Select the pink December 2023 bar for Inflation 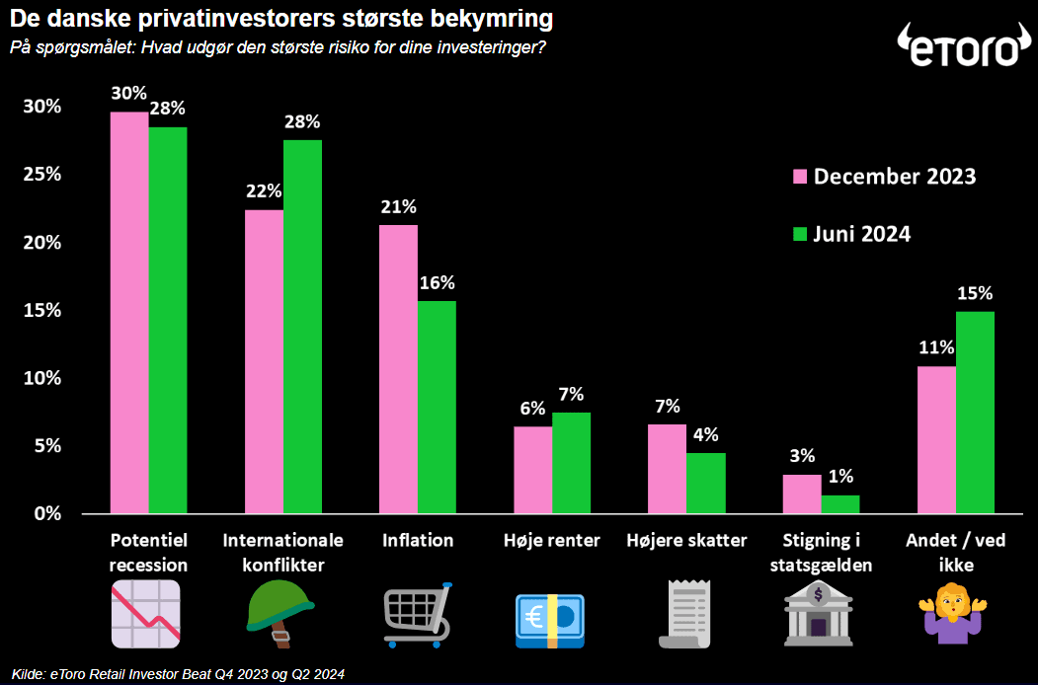click(x=398, y=369)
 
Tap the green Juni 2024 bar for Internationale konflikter click(x=303, y=327)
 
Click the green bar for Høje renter click(x=572, y=463)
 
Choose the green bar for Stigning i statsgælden click(x=840, y=504)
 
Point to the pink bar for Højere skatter click(x=667, y=469)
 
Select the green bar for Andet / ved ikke click(x=975, y=413)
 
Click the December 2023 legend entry click(x=884, y=177)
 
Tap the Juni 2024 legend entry click(x=851, y=234)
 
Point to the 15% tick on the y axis click(x=42, y=310)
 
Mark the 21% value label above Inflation click(x=398, y=207)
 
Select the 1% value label click(x=840, y=477)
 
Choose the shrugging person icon click(x=955, y=615)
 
